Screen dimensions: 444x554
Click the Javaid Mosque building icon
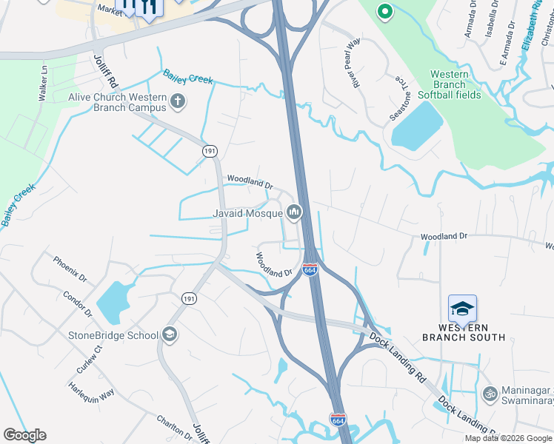point(295,213)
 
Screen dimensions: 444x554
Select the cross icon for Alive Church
point(177,101)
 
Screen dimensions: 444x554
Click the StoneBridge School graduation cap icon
point(170,334)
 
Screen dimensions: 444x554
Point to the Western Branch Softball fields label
point(450,84)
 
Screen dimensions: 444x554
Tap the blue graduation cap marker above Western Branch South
point(462,309)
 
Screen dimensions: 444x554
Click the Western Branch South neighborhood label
point(464,332)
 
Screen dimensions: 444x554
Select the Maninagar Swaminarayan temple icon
point(489,394)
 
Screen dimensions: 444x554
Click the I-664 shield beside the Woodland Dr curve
point(310,270)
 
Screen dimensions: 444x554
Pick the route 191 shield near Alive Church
point(210,150)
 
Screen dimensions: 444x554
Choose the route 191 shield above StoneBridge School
point(189,297)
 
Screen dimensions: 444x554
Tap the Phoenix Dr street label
point(70,270)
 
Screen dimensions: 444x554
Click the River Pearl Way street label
point(350,63)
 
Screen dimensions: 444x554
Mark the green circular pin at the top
point(384,11)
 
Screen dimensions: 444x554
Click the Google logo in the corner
point(25,435)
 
